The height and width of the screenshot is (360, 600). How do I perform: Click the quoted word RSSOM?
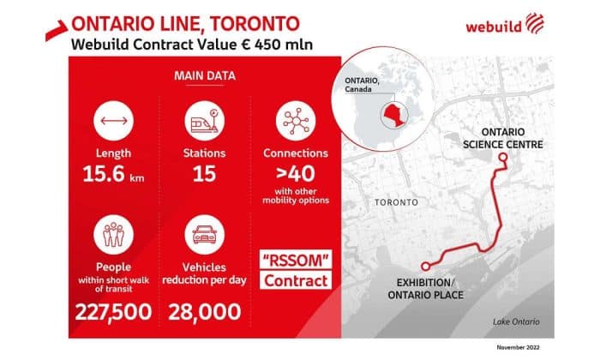coord(295,259)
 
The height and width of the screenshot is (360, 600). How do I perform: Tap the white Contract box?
coord(295,280)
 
